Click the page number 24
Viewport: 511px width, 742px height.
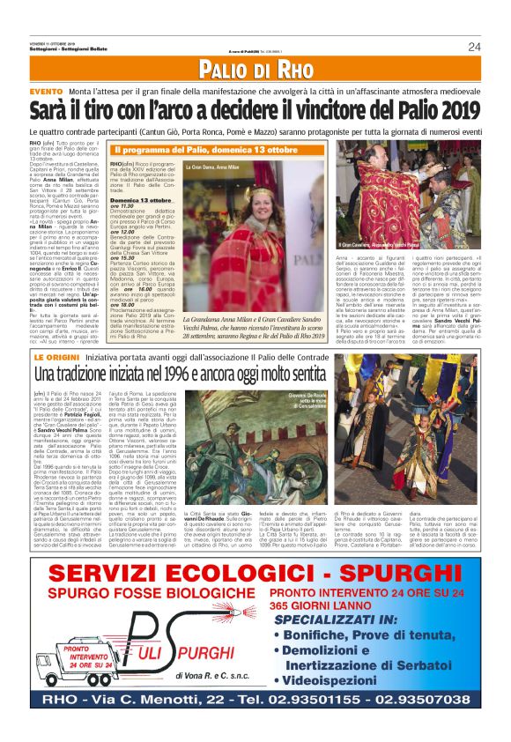tap(474, 47)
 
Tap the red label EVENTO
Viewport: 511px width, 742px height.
tap(46, 92)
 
